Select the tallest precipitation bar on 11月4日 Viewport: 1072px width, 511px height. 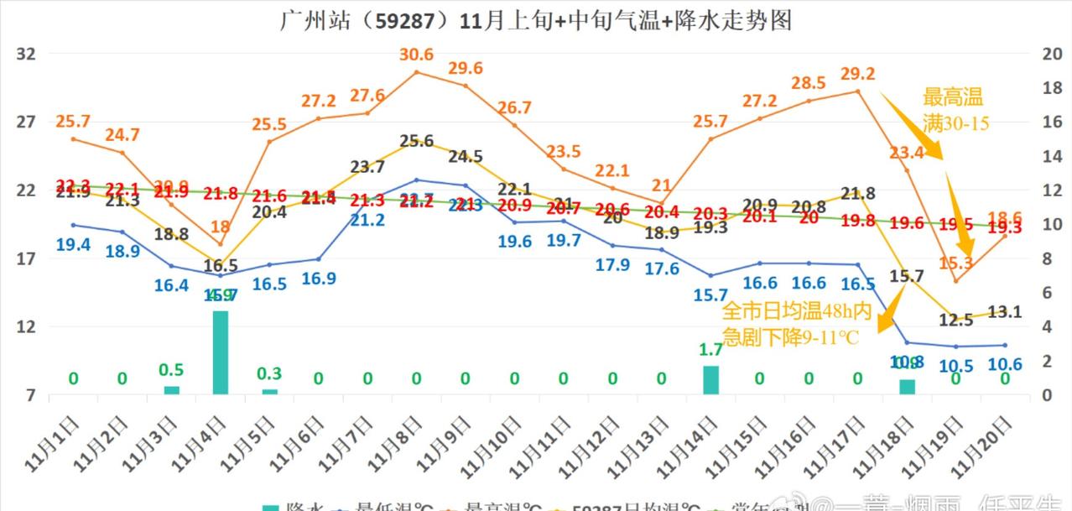[221, 352]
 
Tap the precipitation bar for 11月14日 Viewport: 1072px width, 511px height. [710, 380]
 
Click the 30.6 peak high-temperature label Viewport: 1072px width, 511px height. [417, 55]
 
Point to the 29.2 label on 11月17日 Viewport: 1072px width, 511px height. [858, 74]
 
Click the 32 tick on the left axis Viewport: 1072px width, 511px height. [26, 54]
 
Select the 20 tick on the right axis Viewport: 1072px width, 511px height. [1051, 54]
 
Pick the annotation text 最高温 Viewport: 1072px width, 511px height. [952, 96]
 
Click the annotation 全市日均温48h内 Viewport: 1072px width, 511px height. [797, 313]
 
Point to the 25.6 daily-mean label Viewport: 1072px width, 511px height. [417, 141]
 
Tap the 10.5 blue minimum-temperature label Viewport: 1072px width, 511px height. [955, 366]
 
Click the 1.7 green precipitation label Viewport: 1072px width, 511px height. [710, 350]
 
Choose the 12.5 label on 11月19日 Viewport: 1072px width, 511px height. [955, 320]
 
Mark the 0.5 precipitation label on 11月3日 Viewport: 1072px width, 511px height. [171, 370]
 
